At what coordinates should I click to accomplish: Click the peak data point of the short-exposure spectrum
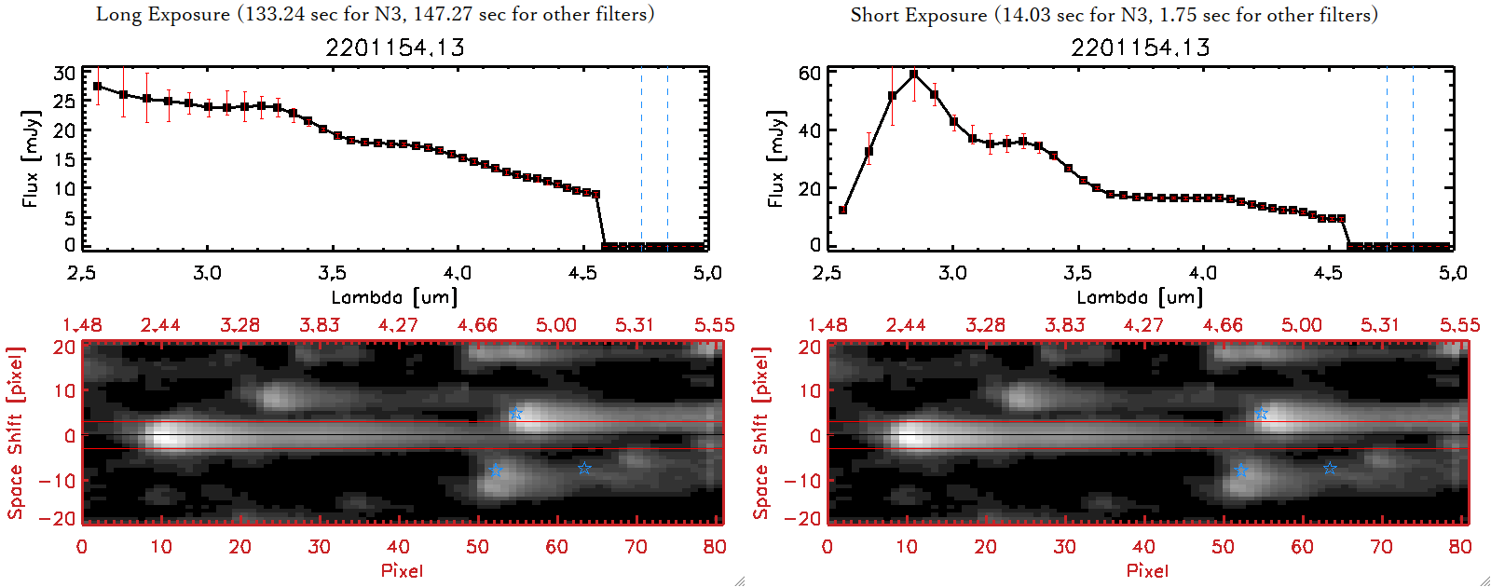[914, 74]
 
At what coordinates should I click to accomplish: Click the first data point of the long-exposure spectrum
[98, 87]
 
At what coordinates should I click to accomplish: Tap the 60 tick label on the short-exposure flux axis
[810, 73]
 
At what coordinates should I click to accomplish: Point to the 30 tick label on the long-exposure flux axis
[64, 73]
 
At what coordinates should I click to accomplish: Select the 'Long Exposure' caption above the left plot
[375, 14]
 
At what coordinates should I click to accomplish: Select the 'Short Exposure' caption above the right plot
[1114, 15]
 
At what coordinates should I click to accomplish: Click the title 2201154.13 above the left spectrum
[395, 48]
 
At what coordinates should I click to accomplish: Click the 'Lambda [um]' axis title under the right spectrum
[1140, 297]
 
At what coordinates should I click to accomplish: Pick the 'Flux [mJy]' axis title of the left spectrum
[31, 158]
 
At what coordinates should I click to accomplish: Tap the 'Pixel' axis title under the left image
[402, 570]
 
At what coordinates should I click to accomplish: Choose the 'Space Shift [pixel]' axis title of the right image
[761, 433]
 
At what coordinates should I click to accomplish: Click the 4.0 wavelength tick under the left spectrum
[457, 273]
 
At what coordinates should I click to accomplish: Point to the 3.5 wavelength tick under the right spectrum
[1077, 273]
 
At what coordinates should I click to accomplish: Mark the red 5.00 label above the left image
[555, 325]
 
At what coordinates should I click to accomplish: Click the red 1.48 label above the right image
[828, 325]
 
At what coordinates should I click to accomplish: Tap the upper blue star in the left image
[516, 414]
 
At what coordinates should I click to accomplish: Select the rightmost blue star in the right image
[1330, 468]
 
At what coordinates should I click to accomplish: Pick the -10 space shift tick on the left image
[57, 480]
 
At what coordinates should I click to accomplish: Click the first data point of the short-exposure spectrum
[843, 211]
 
